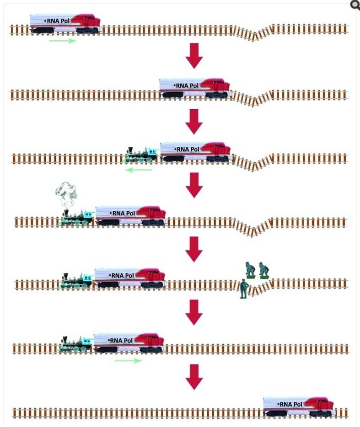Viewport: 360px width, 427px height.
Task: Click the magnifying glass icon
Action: click(355, 5)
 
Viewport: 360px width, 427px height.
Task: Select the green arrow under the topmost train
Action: click(63, 41)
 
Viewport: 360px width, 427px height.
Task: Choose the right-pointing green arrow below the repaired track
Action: click(128, 361)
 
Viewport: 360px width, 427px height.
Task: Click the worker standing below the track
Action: click(244, 289)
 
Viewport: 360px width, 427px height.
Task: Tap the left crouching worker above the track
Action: click(249, 270)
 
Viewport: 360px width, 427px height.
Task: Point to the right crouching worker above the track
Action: click(264, 270)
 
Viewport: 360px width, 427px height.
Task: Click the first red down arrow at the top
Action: click(194, 55)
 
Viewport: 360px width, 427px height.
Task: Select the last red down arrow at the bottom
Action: click(194, 377)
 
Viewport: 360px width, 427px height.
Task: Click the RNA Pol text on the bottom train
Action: click(291, 404)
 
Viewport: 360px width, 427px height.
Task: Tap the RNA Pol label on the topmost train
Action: click(58, 21)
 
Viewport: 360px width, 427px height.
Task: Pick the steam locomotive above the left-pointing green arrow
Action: click(142, 155)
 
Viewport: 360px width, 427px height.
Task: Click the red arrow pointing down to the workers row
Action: click(194, 249)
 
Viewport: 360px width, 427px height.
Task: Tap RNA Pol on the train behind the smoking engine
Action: click(124, 213)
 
